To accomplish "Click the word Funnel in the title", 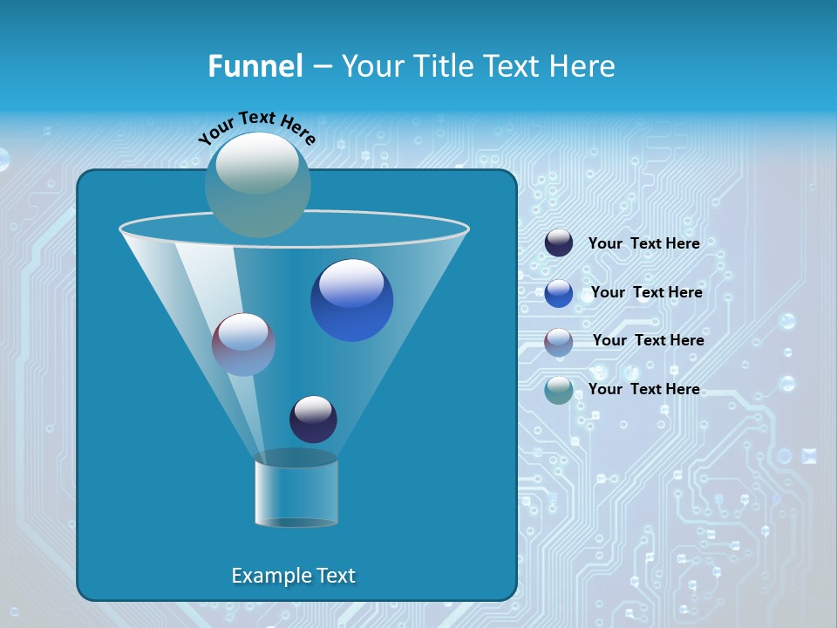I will pos(255,66).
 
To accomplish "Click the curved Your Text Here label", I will pos(257,126).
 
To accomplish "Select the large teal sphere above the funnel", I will pos(258,185).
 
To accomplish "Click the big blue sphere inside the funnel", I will pos(352,300).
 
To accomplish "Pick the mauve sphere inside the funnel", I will pos(244,345).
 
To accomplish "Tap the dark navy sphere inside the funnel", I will pos(313,420).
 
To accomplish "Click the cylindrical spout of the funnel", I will pos(296,493).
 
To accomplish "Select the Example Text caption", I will pos(294,576).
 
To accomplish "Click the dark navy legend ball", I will pos(559,243).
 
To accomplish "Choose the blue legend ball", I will pos(559,293).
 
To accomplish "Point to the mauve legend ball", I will pos(559,342).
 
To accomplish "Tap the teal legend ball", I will pos(559,390).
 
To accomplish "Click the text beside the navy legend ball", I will pos(644,244).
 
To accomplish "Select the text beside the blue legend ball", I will pos(647,293).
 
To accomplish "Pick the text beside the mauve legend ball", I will pos(649,341).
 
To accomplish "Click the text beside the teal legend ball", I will pos(644,390).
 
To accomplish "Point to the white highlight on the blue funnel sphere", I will pos(351,283).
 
